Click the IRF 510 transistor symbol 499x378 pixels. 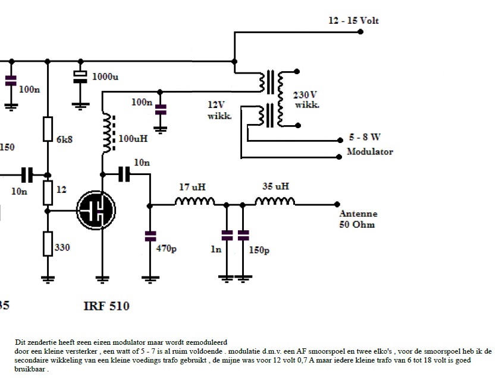96,209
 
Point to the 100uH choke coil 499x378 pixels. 108,132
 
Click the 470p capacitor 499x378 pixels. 150,236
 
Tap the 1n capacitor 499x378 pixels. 227,236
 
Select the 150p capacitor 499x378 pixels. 243,236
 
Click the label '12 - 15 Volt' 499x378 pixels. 353,21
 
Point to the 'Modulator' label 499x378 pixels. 370,151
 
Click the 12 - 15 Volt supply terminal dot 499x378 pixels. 361,32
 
